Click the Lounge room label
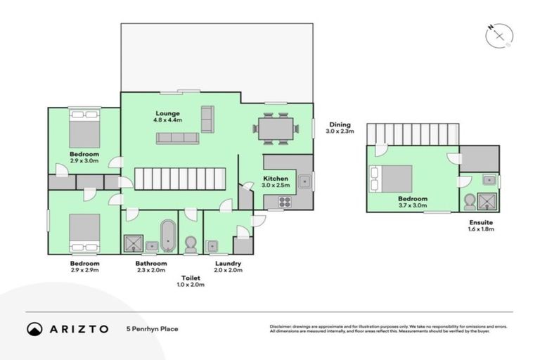(x=167, y=113)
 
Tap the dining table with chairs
(x=275, y=128)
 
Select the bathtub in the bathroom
(x=167, y=236)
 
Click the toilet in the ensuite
(x=469, y=202)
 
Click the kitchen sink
(x=304, y=181)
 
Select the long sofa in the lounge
(x=177, y=138)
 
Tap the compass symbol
(x=499, y=34)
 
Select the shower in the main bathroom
(x=132, y=243)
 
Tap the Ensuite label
(x=481, y=222)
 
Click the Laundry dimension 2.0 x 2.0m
(x=229, y=270)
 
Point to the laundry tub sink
(x=212, y=245)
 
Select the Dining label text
(x=340, y=124)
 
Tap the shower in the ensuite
(x=487, y=202)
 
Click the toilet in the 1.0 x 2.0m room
(x=190, y=244)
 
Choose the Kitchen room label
(x=276, y=179)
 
